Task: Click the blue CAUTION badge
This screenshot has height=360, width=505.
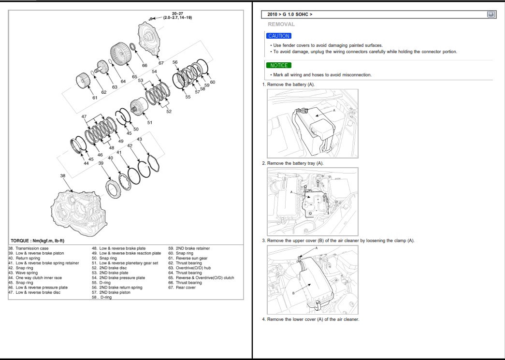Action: point(279,36)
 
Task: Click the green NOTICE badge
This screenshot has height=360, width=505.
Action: point(278,65)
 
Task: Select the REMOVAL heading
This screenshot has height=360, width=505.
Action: point(281,24)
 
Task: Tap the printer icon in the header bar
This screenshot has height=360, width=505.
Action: point(491,14)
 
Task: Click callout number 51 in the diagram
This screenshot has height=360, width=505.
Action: point(150,122)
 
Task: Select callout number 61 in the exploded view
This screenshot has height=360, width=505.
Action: point(95,98)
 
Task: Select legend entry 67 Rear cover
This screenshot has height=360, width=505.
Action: point(182,288)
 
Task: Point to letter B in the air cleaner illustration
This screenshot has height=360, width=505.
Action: point(293,293)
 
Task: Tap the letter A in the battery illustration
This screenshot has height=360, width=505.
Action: point(333,110)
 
